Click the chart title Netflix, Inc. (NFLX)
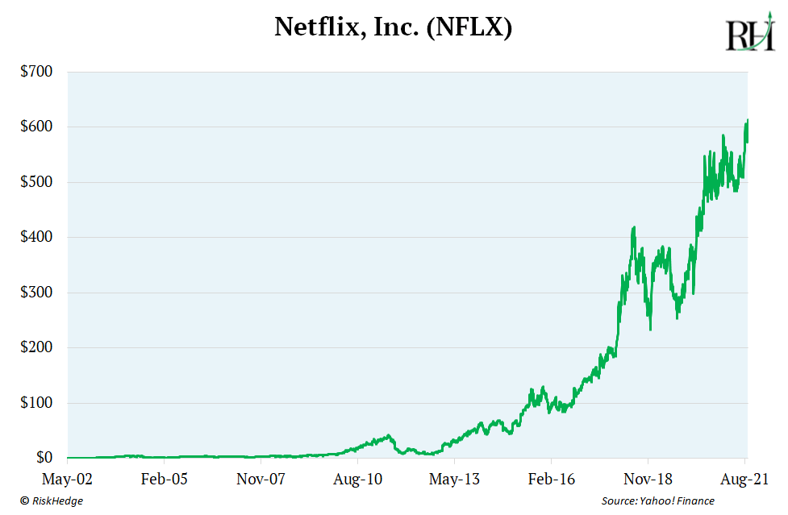(394, 27)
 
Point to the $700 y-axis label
(36, 72)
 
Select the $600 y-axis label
(36, 127)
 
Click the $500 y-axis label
(36, 182)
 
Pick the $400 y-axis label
(36, 238)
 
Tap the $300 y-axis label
(36, 293)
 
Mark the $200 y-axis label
(36, 348)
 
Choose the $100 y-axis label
(36, 403)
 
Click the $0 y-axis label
(42, 458)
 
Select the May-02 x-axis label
(68, 479)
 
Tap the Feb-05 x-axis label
(165, 479)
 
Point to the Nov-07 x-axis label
(261, 479)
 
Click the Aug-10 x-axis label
(358, 479)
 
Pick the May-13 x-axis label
(455, 479)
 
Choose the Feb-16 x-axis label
(552, 479)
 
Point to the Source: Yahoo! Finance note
(657, 501)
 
